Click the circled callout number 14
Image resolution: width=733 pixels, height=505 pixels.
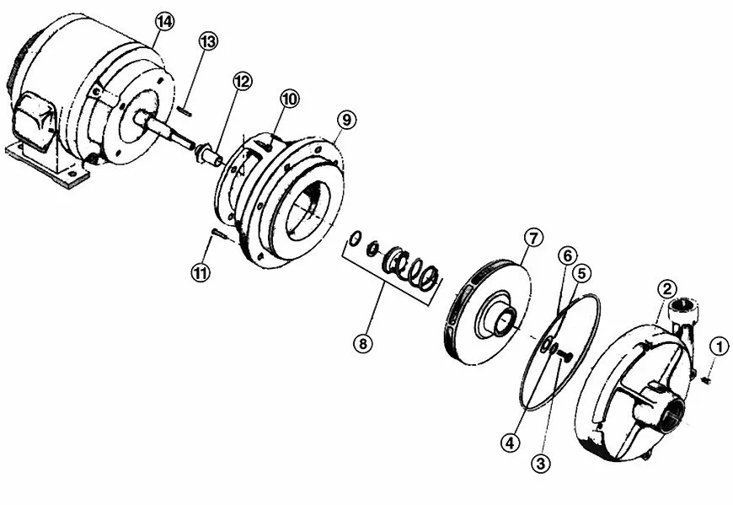point(164,22)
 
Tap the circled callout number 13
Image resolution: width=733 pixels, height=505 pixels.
point(208,41)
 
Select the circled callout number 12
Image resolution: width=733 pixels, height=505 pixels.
point(243,82)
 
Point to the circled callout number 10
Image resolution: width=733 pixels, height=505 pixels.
point(290,99)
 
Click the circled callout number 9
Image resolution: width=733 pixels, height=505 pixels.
point(346,120)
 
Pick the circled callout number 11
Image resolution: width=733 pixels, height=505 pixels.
point(201,272)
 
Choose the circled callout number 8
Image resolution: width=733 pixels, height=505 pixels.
point(363,344)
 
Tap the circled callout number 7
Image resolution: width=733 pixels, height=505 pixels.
point(533,238)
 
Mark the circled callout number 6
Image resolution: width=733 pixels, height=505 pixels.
point(568,255)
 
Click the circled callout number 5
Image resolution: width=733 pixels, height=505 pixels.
point(582,274)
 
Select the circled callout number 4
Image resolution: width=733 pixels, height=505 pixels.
point(510,442)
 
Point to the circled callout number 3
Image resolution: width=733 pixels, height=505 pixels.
point(541,464)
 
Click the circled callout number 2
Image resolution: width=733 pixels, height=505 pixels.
point(667,288)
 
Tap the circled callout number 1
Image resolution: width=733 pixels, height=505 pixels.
point(719,347)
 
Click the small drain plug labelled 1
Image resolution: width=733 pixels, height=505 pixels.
point(706,381)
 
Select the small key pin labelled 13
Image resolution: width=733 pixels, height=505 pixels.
point(184,110)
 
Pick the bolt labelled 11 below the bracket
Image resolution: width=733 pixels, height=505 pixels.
point(219,234)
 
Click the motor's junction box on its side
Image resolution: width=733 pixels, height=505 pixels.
point(36,121)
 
